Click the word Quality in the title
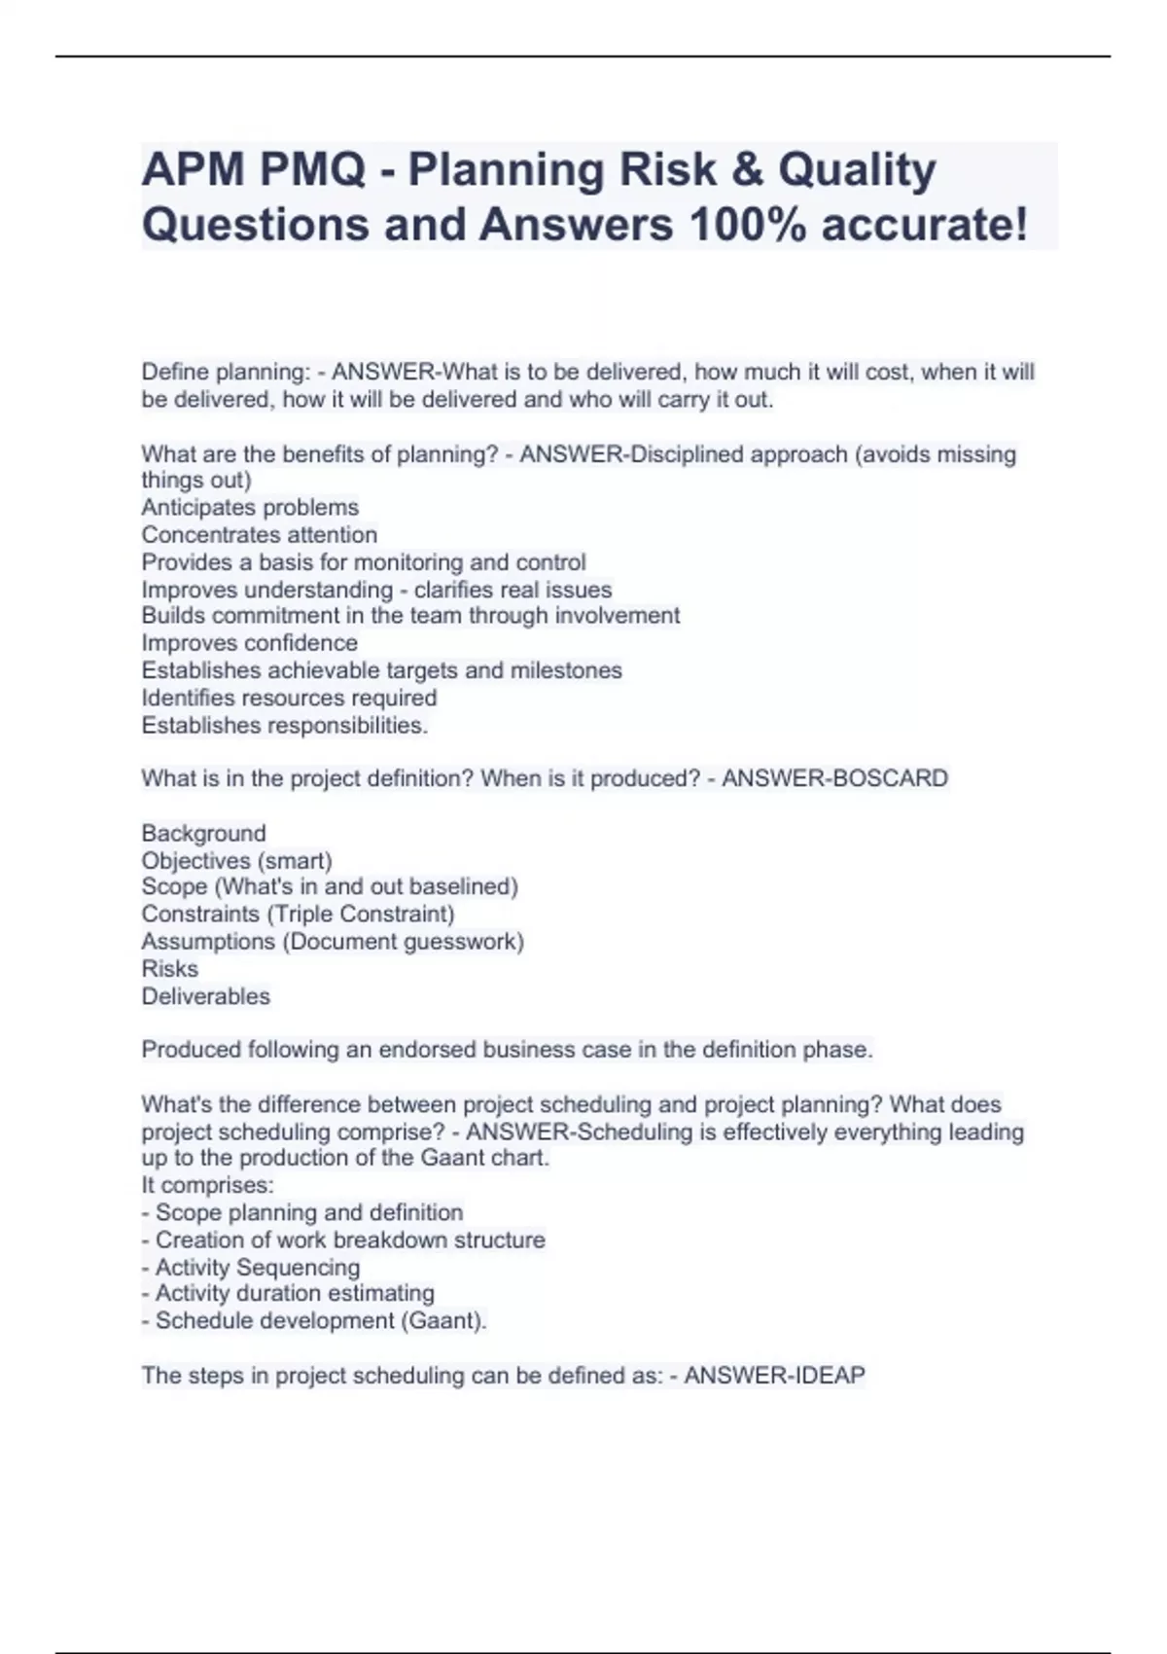857,171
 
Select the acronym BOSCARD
891,778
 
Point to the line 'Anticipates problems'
250,507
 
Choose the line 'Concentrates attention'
259,534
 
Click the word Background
203,833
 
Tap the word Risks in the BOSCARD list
169,968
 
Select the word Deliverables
205,995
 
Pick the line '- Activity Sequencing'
251,1267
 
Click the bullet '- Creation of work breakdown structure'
343,1240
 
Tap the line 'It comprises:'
207,1185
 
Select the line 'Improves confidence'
249,643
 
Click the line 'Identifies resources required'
289,698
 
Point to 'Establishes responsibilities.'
284,725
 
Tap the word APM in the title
193,171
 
